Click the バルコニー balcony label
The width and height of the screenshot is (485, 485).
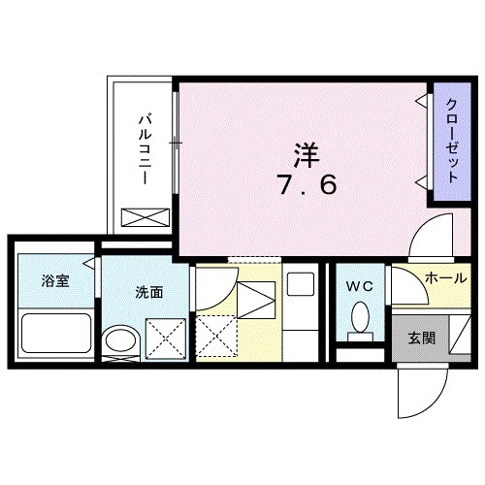coord(144,151)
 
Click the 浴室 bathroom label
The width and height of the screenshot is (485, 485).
coord(54,282)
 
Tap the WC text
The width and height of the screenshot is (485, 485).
coord(359,286)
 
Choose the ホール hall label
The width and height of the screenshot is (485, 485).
coord(444,278)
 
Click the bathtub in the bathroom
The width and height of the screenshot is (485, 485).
coord(55,332)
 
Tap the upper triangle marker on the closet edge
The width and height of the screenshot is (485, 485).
coord(422,101)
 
